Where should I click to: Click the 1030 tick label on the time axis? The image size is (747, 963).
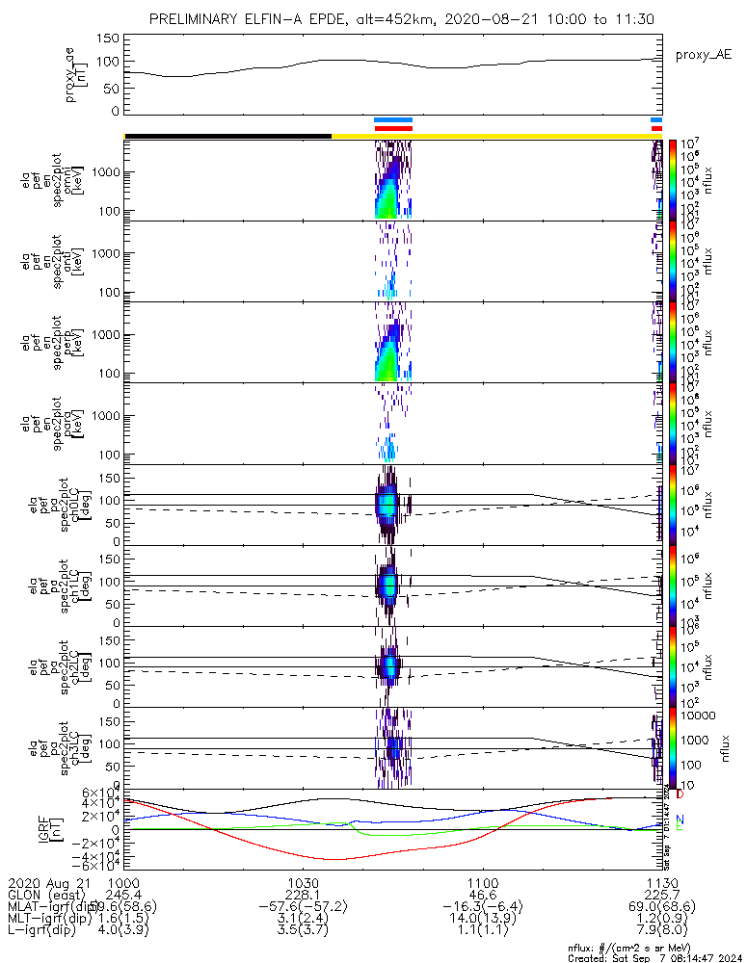click(303, 883)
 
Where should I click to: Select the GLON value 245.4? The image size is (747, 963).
click(123, 896)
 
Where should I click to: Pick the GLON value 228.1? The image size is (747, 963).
click(303, 896)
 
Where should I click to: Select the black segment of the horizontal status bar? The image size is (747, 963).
click(228, 136)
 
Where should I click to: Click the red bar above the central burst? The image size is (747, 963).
click(393, 128)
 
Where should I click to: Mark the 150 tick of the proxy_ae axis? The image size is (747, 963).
click(108, 39)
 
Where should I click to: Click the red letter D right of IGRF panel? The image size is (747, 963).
click(680, 794)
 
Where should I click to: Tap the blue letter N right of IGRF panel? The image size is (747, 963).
click(680, 820)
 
